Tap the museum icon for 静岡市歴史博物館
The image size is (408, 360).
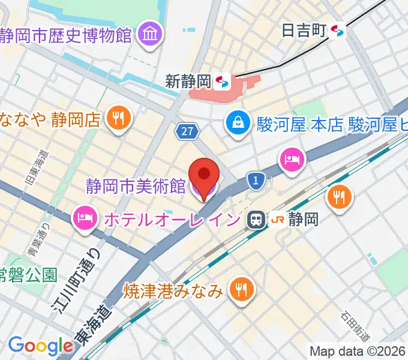(148, 34)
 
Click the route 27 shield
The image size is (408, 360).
(185, 130)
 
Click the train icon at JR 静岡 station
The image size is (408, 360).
(256, 220)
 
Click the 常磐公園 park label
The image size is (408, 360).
(28, 275)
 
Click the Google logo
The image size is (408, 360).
(40, 346)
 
